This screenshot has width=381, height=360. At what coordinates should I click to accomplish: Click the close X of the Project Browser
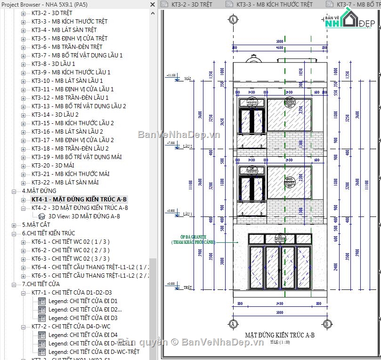point(152,4)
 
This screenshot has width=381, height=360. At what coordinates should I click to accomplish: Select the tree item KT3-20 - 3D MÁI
point(53,165)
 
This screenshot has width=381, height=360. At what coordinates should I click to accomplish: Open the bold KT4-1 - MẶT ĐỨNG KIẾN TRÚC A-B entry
point(79,199)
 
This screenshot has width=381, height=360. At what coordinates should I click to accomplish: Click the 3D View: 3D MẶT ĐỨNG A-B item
point(84,216)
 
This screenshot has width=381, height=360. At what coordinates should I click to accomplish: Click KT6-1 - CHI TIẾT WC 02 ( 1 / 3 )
point(70,241)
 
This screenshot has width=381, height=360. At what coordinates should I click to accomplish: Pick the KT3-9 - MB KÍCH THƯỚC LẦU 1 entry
point(71,72)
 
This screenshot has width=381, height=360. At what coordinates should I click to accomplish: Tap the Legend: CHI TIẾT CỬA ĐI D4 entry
point(83,335)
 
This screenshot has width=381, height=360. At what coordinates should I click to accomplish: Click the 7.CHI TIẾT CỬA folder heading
point(41,284)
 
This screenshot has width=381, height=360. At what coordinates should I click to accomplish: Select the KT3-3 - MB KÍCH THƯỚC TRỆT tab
point(274,4)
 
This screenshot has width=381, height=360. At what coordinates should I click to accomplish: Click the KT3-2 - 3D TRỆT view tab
point(191,4)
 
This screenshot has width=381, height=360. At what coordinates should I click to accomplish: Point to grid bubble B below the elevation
point(327,324)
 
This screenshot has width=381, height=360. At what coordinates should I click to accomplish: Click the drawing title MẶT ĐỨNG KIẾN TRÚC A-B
point(279,335)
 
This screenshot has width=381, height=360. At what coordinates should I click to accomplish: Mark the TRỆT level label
point(188,287)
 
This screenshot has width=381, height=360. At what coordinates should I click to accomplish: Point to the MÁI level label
point(187,79)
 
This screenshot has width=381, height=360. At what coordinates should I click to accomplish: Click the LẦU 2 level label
point(188,146)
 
